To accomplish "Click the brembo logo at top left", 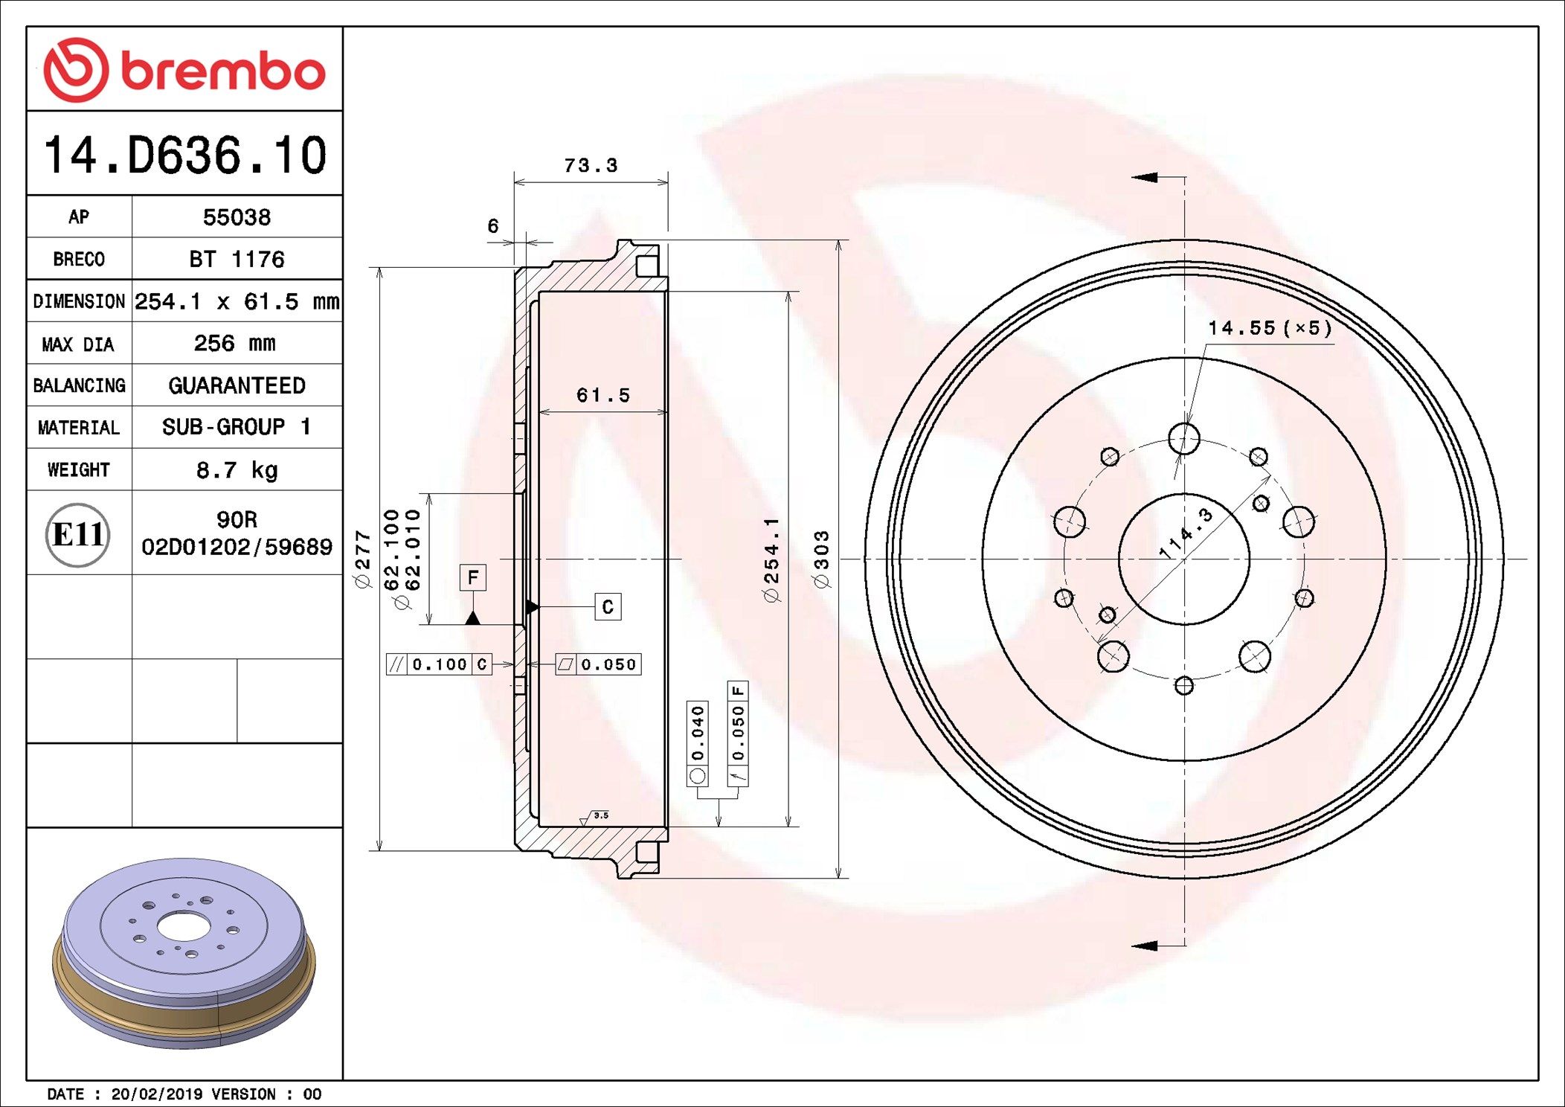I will (184, 70).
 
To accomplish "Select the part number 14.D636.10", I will (184, 155).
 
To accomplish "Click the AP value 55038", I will (237, 217).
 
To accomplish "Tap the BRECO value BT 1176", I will (237, 259).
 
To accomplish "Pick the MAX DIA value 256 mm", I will (234, 343).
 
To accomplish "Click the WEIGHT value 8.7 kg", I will (237, 470).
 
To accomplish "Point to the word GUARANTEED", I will (237, 385).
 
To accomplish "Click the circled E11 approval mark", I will (77, 534).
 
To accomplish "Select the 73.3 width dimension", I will (591, 165).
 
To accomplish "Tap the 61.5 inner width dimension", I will (602, 395).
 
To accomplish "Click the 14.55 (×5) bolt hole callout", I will (1269, 328).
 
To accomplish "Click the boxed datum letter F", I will (473, 578).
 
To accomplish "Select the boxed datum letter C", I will (608, 607).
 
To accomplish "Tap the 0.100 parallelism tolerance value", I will (440, 664).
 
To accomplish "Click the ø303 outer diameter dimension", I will (821, 559).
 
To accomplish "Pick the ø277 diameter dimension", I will (362, 559).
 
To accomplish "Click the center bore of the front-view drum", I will (1183, 559).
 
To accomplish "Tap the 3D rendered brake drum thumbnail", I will (184, 952).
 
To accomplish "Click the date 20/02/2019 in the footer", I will (156, 1094).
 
